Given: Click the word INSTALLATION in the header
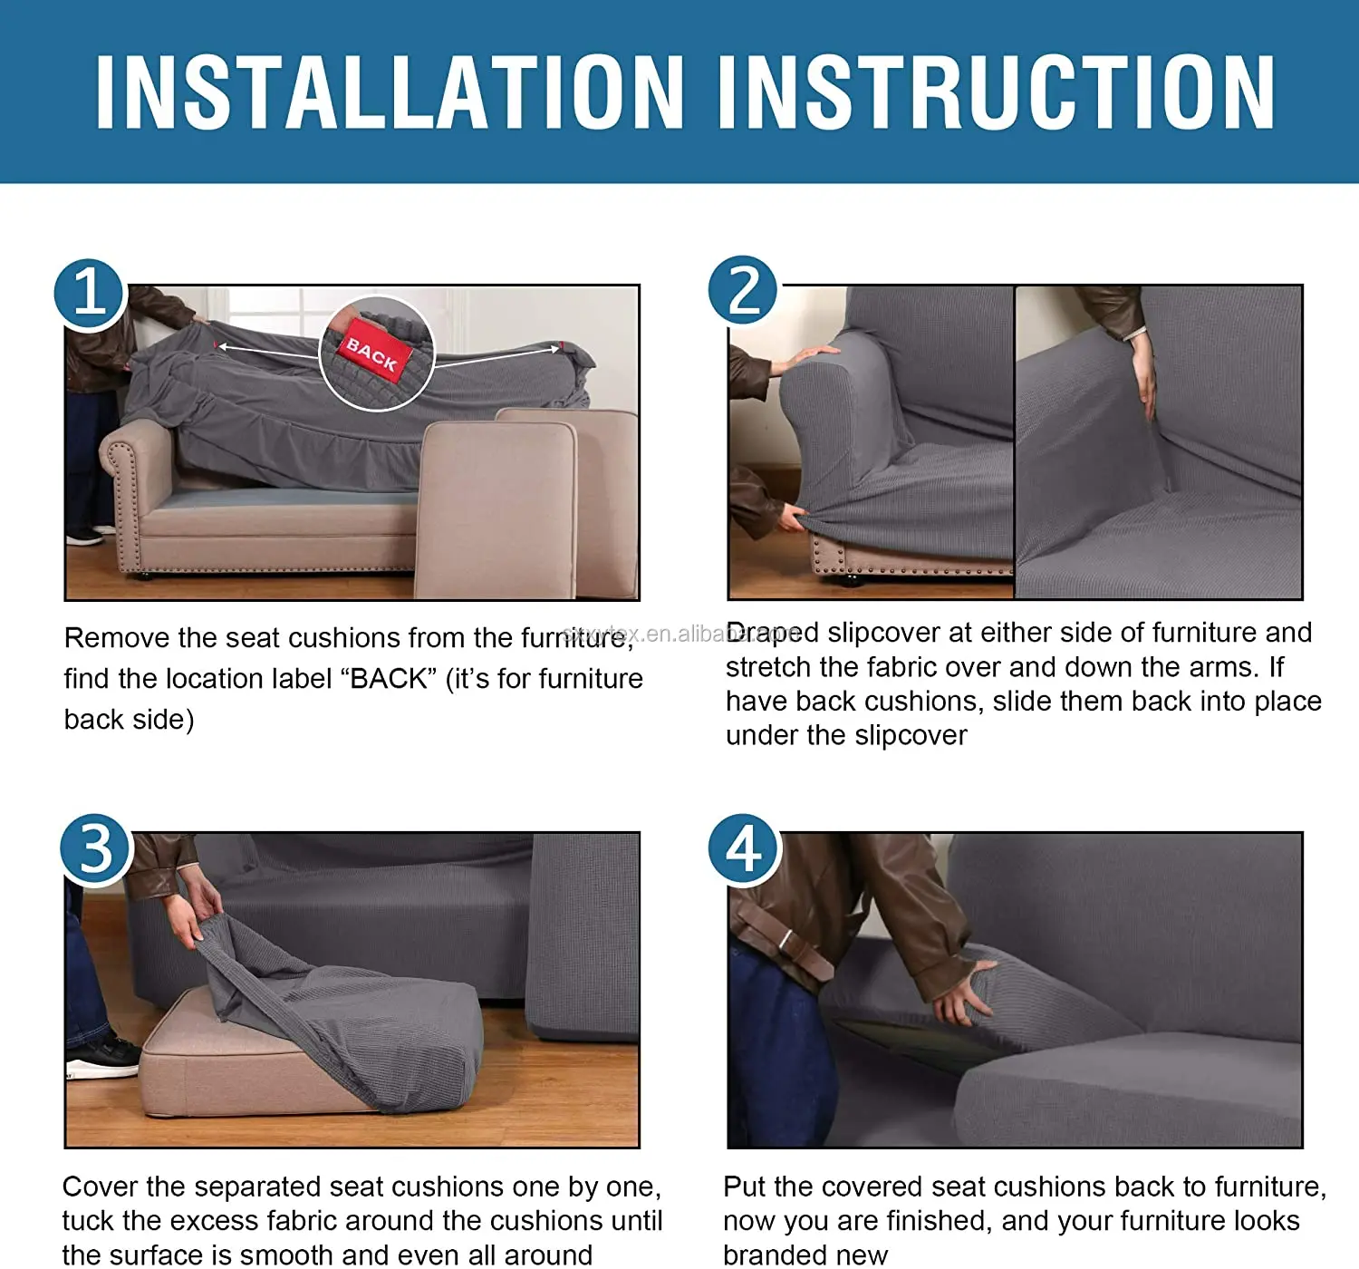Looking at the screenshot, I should (x=390, y=92).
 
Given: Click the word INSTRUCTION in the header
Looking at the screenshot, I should (x=997, y=92).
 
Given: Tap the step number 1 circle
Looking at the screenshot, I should (x=89, y=294).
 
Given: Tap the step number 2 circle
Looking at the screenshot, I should (x=743, y=291).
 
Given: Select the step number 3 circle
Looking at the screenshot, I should (x=96, y=849).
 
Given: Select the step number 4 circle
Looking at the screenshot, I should (x=744, y=849).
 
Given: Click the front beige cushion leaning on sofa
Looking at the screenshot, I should (x=498, y=508).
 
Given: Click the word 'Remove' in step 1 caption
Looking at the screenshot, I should (x=116, y=638).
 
